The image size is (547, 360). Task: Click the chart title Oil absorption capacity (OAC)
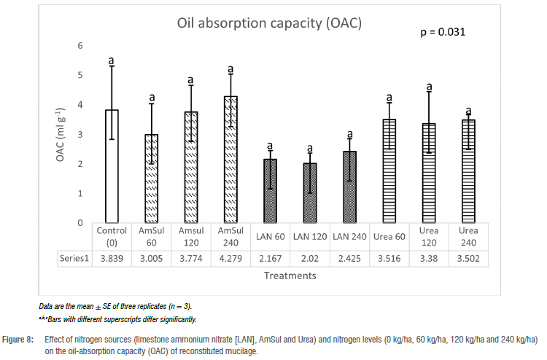click(x=270, y=23)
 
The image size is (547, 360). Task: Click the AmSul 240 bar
click(x=230, y=160)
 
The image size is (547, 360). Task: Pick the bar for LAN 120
click(x=309, y=193)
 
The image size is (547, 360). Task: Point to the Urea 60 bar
click(x=389, y=171)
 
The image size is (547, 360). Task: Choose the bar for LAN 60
click(x=270, y=191)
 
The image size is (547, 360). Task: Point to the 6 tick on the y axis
click(x=80, y=46)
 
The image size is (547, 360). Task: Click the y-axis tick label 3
click(x=80, y=135)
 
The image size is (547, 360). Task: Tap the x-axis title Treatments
click(x=290, y=276)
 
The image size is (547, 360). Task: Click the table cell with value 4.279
click(x=230, y=258)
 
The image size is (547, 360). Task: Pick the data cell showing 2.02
click(x=309, y=258)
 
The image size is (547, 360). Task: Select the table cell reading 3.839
click(x=112, y=258)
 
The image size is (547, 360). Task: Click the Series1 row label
click(x=76, y=258)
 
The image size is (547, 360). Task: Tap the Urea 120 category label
click(x=429, y=235)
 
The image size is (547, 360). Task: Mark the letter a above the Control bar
click(x=112, y=60)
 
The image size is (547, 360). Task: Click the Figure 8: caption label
click(x=21, y=339)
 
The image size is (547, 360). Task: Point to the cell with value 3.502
click(x=468, y=258)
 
